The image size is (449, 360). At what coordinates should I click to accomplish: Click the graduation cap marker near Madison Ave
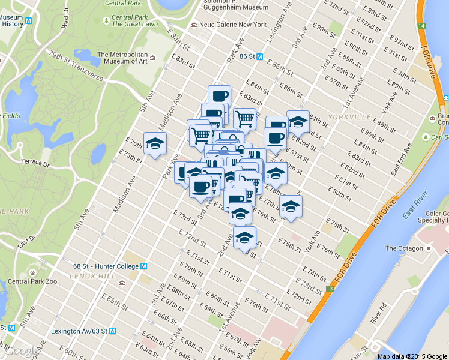[x=155, y=143]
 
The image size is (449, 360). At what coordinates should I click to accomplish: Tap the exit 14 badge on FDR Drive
[x=422, y=26]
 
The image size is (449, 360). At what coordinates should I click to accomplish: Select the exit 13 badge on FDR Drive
[x=330, y=289]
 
